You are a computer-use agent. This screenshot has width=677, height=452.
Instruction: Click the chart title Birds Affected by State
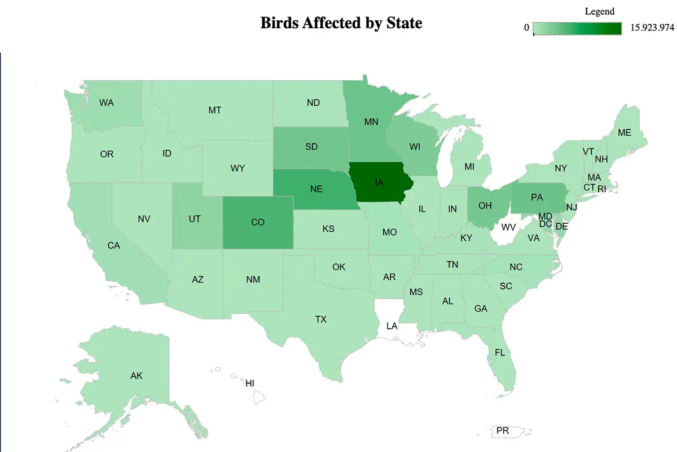(x=341, y=23)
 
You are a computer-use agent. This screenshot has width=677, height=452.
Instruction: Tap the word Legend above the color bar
(x=599, y=11)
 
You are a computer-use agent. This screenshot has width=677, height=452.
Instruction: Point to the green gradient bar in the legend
(x=577, y=28)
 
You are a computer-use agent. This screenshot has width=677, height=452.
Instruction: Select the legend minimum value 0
(x=526, y=28)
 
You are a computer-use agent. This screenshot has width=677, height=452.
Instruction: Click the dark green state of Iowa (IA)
(x=379, y=182)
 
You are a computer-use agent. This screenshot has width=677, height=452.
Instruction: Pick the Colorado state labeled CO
(x=258, y=222)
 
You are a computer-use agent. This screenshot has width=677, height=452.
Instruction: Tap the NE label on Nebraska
(x=316, y=189)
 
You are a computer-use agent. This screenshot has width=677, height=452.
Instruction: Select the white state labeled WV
(x=509, y=227)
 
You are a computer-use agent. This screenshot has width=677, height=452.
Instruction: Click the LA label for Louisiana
(x=392, y=326)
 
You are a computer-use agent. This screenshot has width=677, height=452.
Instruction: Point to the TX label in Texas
(x=320, y=319)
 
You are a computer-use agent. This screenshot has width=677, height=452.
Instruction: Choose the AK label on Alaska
(x=136, y=375)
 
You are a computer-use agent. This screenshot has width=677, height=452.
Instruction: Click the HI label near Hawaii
(x=249, y=383)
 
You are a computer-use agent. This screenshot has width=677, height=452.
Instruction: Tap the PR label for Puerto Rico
(x=503, y=431)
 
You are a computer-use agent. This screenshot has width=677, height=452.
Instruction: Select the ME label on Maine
(x=624, y=133)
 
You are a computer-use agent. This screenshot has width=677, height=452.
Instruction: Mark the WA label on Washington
(x=107, y=103)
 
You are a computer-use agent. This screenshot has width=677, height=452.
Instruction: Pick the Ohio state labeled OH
(x=485, y=206)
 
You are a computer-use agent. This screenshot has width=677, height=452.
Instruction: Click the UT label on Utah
(x=195, y=219)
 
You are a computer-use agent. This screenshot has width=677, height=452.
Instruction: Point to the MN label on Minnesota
(x=371, y=121)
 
